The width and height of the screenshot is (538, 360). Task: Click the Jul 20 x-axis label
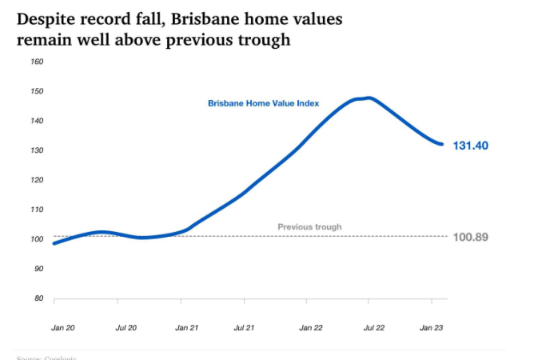pyautogui.click(x=126, y=328)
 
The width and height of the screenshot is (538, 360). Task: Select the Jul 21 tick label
pyautogui.click(x=244, y=328)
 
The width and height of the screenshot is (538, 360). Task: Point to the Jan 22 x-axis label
pyautogui.click(x=311, y=328)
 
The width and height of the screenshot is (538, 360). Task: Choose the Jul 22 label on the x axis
pyautogui.click(x=374, y=328)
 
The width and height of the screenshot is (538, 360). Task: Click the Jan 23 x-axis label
pyautogui.click(x=432, y=328)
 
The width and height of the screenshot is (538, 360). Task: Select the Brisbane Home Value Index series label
pyautogui.click(x=264, y=103)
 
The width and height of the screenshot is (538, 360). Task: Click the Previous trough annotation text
pyautogui.click(x=309, y=227)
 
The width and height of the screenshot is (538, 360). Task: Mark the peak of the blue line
pyautogui.click(x=367, y=98)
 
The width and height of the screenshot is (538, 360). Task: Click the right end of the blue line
pyautogui.click(x=442, y=144)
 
